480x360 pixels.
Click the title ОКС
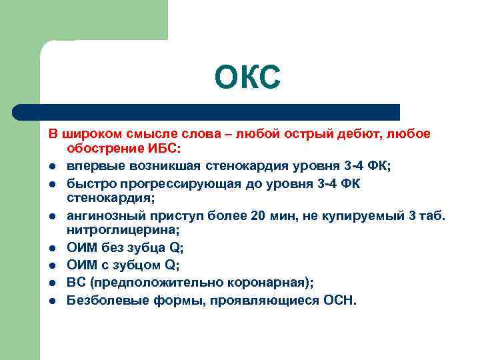[248, 79]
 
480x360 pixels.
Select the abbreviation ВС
[77, 283]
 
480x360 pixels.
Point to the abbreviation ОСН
[340, 301]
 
